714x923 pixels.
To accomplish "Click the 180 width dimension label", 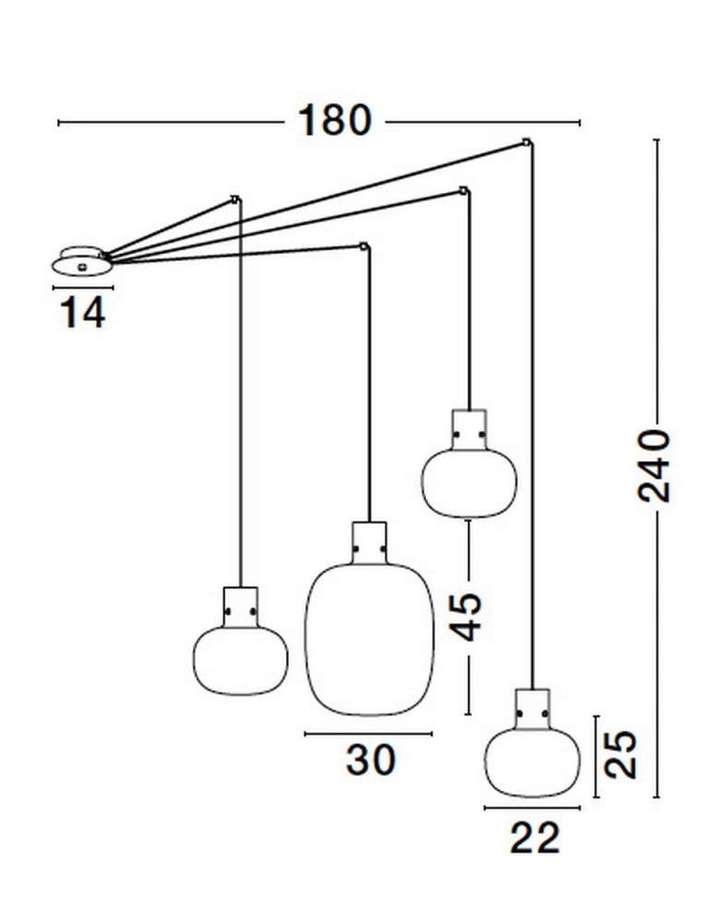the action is point(335,121).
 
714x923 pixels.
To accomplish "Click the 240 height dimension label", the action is point(655,466).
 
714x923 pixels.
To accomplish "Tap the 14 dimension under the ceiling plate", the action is point(83,313).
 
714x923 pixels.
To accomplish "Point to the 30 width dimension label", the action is point(371,760).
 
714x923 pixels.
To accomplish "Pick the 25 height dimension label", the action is point(622,755).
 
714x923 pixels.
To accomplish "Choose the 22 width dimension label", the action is point(535,838).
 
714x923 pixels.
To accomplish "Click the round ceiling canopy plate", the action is point(82,260).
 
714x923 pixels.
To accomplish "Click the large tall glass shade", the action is point(369,640).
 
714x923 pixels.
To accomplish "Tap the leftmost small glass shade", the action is point(241,660).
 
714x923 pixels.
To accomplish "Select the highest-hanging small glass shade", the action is point(469,484).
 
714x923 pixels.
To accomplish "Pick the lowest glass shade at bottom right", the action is point(532,763).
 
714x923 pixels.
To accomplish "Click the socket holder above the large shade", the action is point(369,543).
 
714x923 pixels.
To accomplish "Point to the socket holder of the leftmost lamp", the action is point(241,607).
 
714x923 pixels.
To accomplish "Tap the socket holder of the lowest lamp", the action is point(532,709).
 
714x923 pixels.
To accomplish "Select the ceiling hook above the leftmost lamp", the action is point(236,199).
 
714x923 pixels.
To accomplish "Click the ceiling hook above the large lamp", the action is point(365,246).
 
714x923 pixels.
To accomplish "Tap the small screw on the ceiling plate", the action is point(82,268).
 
